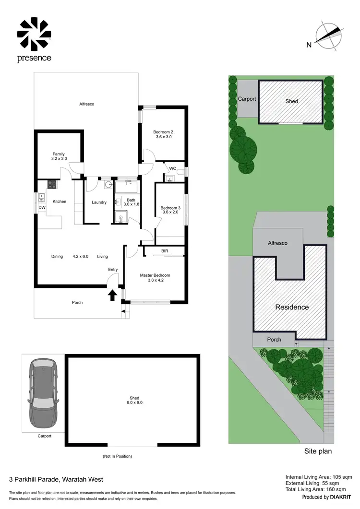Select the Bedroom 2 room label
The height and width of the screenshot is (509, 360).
[163, 134]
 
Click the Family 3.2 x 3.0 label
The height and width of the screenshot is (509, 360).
[59, 156]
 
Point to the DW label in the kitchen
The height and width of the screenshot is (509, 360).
[42, 207]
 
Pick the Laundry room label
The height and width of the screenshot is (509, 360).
[99, 202]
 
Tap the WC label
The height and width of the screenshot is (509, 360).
[172, 168]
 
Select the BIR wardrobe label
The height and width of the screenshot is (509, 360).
[165, 251]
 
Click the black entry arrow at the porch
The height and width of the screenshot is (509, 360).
[112, 295]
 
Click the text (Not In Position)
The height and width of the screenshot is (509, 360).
[118, 456]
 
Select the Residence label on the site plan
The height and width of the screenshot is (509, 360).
[291, 307]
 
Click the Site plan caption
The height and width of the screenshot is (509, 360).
[318, 451]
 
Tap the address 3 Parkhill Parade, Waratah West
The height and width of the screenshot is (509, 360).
[56, 479]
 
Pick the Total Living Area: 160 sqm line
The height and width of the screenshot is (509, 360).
[319, 490]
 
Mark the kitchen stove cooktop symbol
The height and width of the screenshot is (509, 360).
[52, 185]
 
